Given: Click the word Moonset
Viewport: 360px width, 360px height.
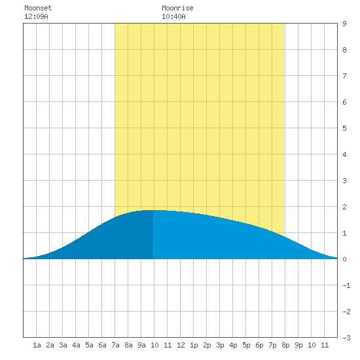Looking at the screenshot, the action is coord(38,8).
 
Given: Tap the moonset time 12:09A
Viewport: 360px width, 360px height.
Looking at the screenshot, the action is coord(36,16).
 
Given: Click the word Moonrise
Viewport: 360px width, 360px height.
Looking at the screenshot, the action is coord(177,8).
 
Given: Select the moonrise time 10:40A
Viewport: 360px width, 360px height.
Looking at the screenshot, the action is coord(173,16).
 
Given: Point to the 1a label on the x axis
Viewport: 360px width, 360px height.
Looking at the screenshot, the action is coord(37,345).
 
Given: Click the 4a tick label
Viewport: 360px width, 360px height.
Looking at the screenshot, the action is coord(76,345).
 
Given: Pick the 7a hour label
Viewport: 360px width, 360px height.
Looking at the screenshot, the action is coord(115,345).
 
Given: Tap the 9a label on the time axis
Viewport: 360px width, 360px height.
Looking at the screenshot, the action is coord(141,345).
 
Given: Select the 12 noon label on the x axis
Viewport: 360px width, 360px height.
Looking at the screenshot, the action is coord(181,345).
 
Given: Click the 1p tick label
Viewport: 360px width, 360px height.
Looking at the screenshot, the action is coord(194,345).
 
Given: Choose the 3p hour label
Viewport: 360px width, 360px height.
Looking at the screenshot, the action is coord(220,345).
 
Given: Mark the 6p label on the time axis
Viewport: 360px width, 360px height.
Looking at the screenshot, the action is coord(259,345).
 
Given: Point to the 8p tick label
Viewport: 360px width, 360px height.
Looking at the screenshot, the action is coord(285,345).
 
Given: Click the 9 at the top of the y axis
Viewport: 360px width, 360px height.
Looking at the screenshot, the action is coord(344,24).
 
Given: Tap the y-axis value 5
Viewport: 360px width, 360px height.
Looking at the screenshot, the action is coord(344,128).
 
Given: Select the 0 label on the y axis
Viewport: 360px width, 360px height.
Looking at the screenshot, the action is coord(344,259).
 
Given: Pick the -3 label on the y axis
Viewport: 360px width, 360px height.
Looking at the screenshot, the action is coord(346,338).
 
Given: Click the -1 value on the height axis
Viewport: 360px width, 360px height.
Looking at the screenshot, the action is coord(346,285).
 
